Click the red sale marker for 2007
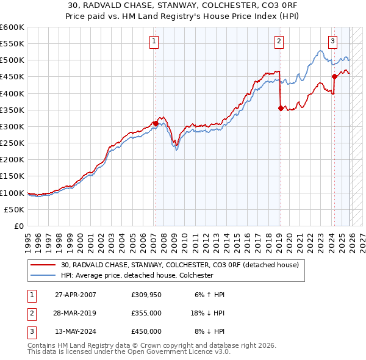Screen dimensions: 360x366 tap(156, 123)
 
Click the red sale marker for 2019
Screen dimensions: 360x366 tap(281, 108)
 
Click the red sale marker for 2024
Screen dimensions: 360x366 tap(334, 76)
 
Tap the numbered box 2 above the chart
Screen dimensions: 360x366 tap(279, 41)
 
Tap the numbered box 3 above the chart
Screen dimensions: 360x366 tap(332, 41)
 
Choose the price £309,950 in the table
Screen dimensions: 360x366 tap(146, 295)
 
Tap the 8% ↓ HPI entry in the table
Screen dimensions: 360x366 tap(209, 331)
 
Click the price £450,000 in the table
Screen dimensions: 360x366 tap(146, 331)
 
